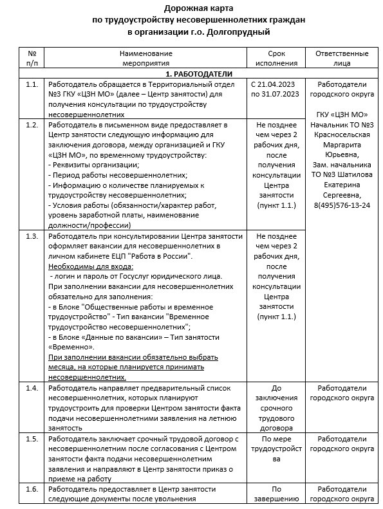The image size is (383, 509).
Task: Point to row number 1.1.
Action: click(x=31, y=85)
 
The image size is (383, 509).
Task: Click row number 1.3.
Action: click(x=31, y=236)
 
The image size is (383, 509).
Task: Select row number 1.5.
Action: click(x=31, y=439)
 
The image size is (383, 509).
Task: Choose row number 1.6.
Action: click(x=31, y=490)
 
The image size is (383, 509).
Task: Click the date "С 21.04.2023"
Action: click(x=276, y=85)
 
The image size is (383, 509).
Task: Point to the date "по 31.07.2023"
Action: click(x=276, y=95)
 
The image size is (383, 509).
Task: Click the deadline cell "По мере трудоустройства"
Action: click(x=276, y=444)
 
